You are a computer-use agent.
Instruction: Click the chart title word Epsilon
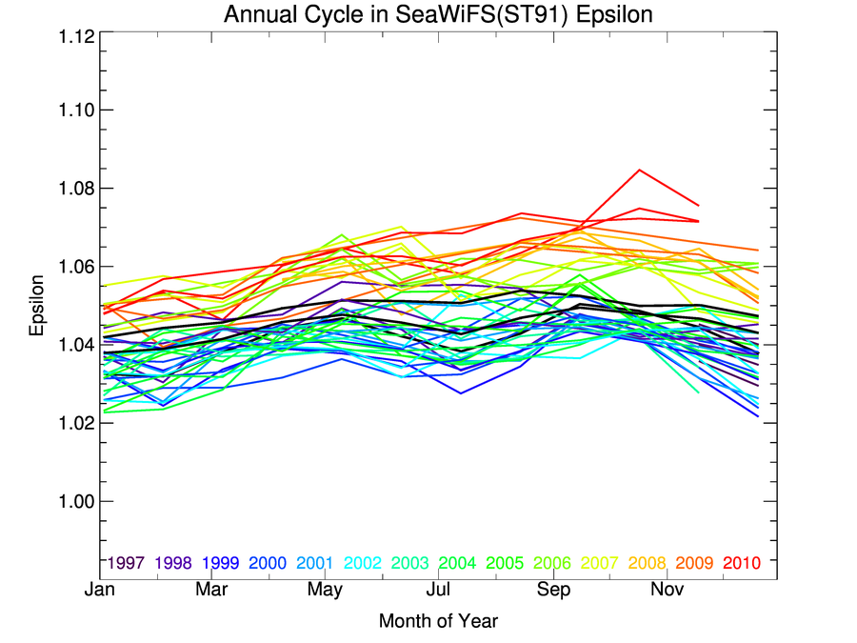619,15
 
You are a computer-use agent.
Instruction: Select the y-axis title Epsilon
37,306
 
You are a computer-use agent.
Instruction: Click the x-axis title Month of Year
438,621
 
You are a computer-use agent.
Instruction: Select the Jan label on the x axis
100,591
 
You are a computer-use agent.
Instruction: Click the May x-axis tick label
327,591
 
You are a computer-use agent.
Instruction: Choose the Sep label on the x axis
554,591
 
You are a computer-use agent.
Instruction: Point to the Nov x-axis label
667,591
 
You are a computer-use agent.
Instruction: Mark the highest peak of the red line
639,170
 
